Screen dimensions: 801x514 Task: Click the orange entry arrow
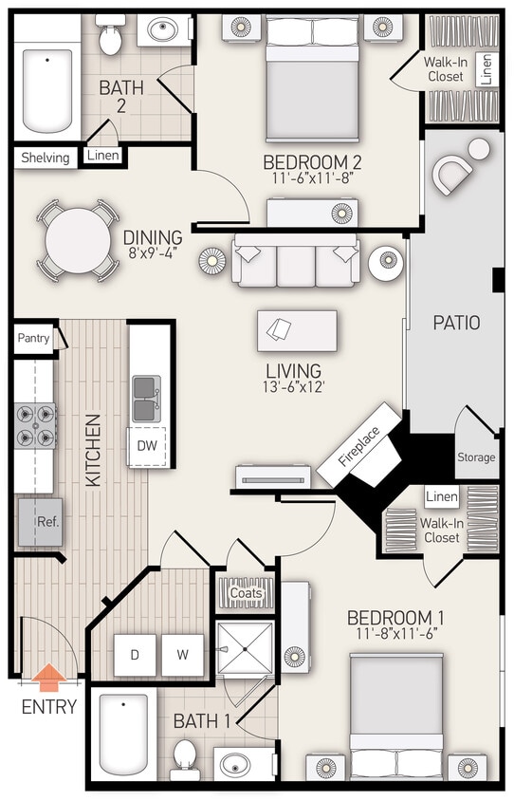[49, 678]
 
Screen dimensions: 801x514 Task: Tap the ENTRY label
[49, 707]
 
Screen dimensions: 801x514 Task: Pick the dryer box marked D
[134, 655]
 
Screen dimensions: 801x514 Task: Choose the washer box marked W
[181, 655]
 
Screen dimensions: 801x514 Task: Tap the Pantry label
[34, 337]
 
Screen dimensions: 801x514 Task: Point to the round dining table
[78, 240]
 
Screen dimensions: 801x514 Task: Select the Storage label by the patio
[476, 457]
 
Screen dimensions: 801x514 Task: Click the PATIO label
[456, 323]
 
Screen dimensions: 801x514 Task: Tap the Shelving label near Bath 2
[46, 158]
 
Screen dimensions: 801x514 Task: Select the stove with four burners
[34, 425]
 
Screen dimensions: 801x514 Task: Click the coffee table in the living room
[296, 330]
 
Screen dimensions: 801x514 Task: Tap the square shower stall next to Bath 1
[244, 648]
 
